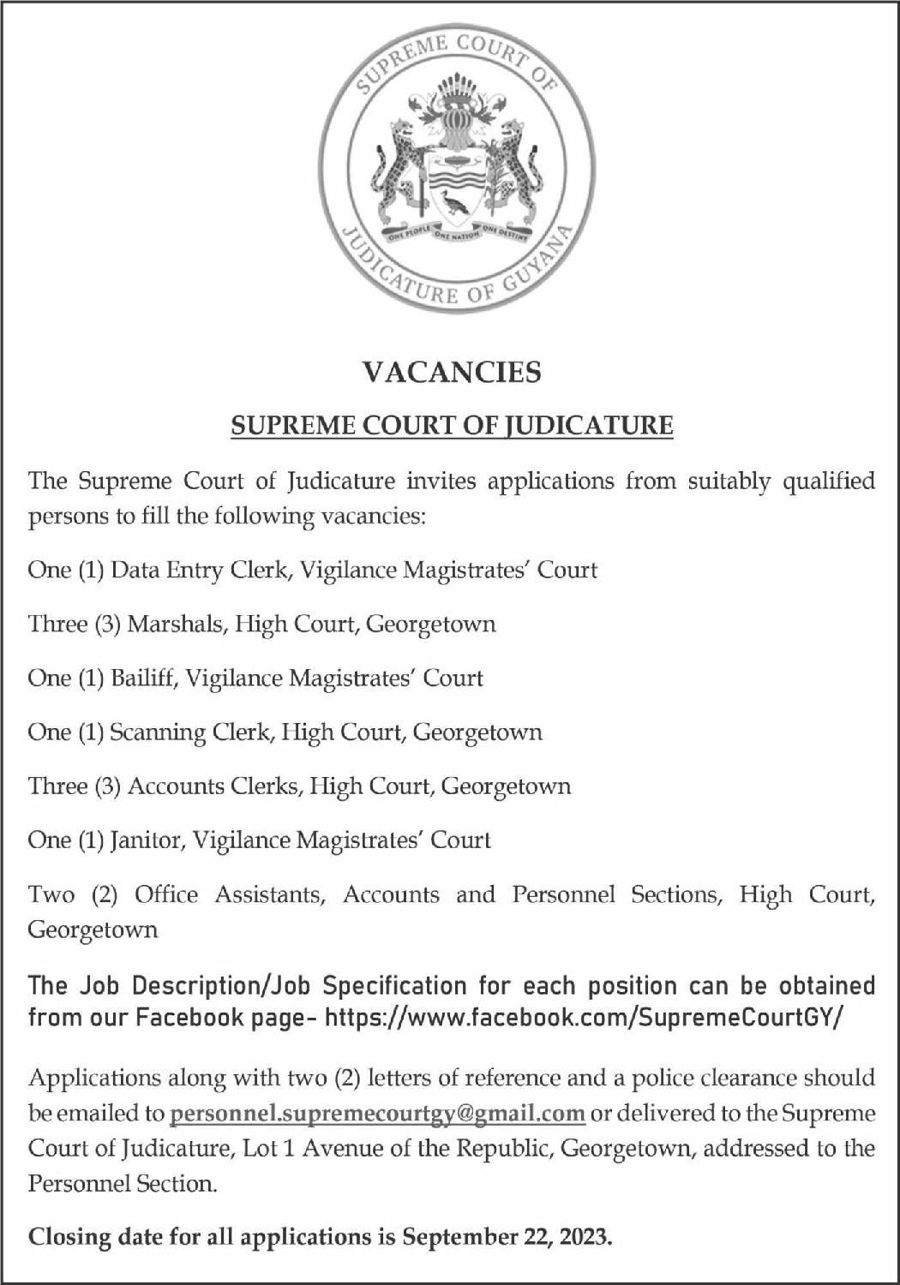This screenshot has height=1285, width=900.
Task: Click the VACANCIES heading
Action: point(452,372)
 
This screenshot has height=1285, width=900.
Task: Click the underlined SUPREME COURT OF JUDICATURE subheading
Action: point(452,425)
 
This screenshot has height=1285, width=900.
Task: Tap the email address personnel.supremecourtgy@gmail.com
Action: point(378,1113)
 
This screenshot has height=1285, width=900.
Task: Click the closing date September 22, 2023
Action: point(506,1237)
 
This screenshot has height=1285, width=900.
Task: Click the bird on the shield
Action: point(455,204)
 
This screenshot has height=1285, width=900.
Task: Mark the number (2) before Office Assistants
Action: point(104,894)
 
